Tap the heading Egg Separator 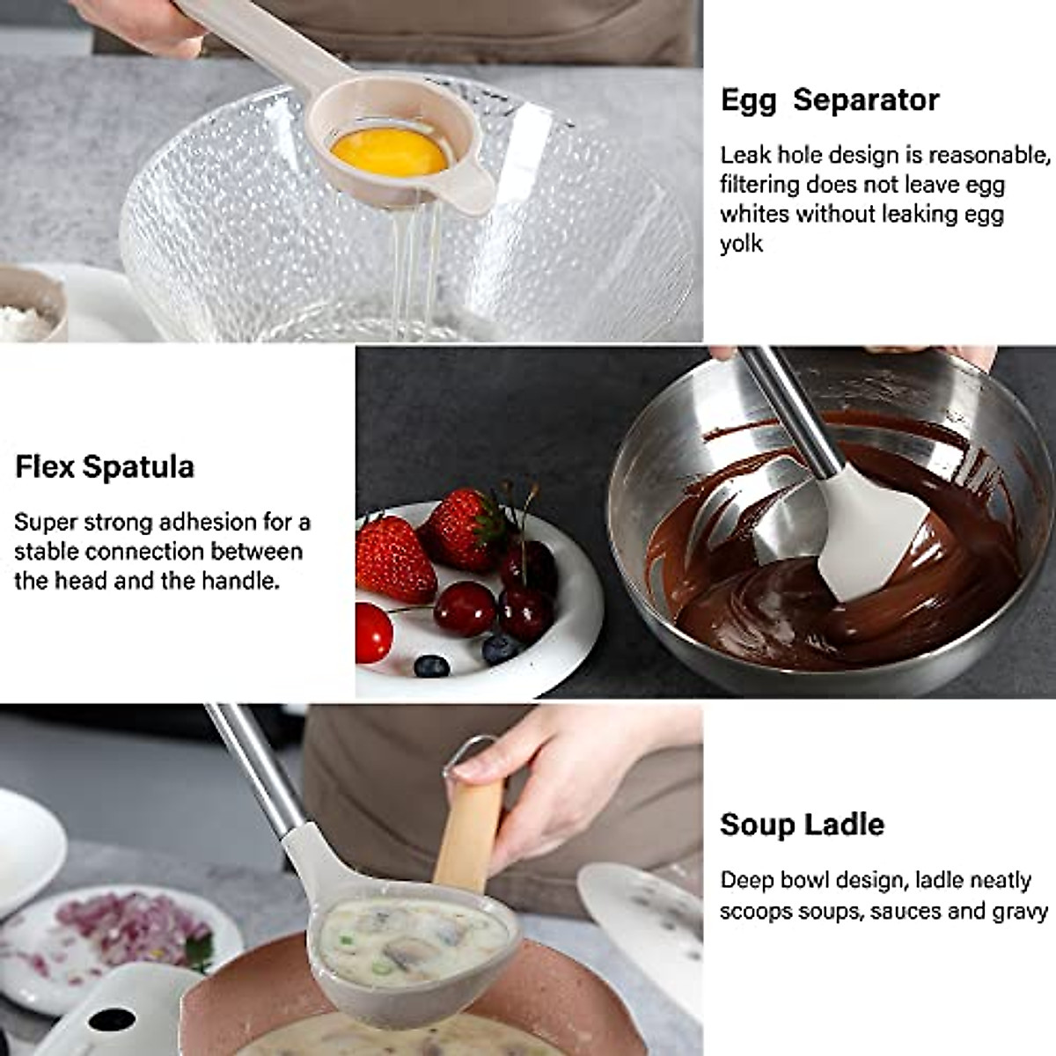coord(830,99)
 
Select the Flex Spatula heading coord(105,466)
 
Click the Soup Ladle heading coord(802,825)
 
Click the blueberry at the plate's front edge coord(431,665)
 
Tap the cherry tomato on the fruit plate coord(373,632)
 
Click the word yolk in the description coord(741,244)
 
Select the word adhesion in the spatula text coord(207,522)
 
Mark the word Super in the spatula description coord(46,522)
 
